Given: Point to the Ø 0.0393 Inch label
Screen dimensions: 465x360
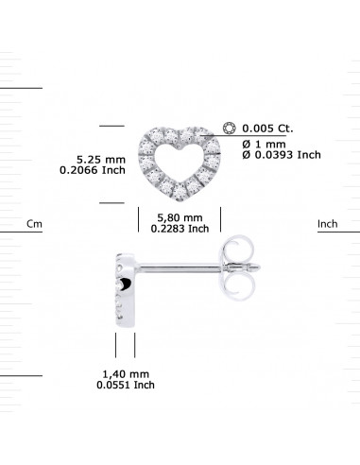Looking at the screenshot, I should click(x=282, y=154).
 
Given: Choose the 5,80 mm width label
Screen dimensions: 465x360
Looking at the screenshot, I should click(x=178, y=216).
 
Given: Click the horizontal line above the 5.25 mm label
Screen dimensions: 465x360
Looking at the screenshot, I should click(x=112, y=125).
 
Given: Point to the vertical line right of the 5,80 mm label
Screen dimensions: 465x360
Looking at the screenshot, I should click(x=220, y=218).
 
